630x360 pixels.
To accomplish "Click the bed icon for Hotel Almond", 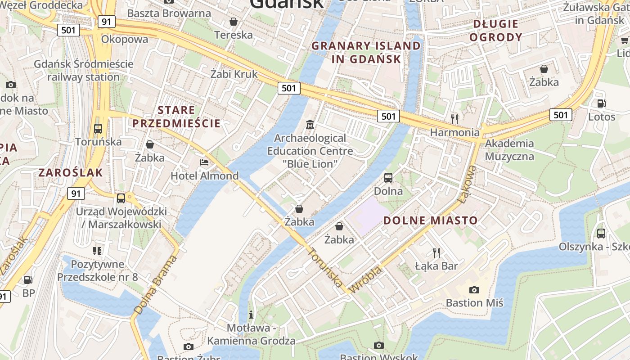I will coord(204,162).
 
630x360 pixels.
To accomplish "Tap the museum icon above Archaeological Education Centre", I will coord(310,124).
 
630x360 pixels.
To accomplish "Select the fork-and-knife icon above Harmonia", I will coord(454,119).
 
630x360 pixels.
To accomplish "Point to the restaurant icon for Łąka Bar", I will coord(436,252).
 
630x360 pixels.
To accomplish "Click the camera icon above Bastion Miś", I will coord(474,290).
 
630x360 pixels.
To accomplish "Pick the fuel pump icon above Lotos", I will coord(601,103).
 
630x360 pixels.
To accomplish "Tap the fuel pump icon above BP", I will coord(28,280).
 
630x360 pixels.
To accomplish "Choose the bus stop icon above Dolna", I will coord(388,178).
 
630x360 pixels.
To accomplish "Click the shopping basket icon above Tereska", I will coord(234,21).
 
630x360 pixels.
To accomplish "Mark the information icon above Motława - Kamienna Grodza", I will coord(251,314).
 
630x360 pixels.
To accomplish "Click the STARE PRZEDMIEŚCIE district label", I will coord(176,117).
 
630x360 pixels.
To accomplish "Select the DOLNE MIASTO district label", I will coord(430,220).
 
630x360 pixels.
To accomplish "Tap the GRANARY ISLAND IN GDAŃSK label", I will coord(366,52).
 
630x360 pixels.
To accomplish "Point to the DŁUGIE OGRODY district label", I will coord(496,31).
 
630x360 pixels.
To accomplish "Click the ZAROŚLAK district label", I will coord(71,172).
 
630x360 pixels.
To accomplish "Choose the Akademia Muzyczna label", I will coord(509,150).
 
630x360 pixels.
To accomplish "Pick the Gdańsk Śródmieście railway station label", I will coord(84,70).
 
